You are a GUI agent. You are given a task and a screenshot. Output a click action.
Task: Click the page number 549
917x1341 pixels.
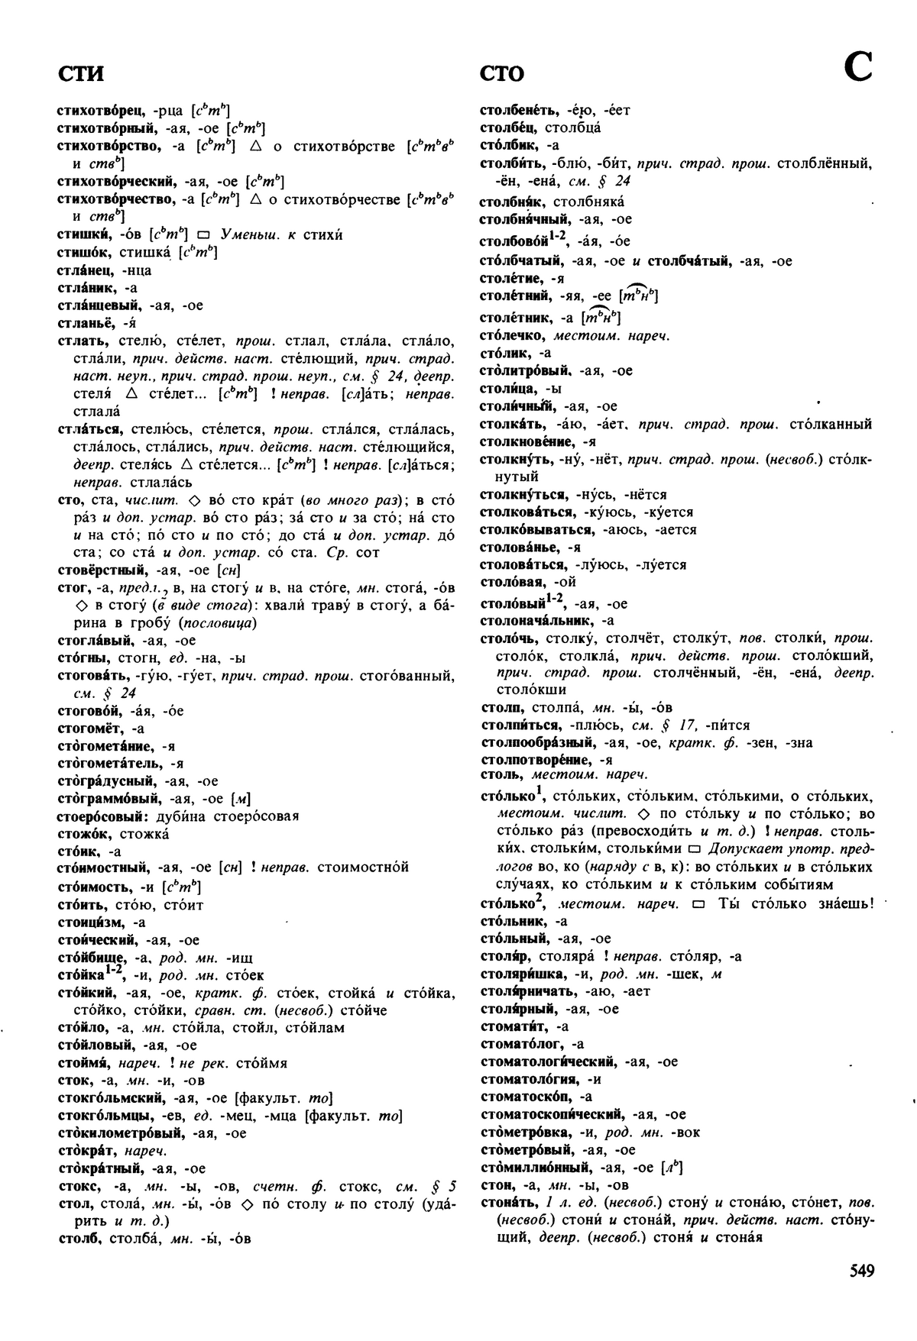[x=860, y=1271]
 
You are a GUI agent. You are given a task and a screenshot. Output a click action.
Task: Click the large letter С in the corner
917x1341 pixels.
[x=858, y=68]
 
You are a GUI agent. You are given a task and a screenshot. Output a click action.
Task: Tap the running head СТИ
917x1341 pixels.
[x=80, y=74]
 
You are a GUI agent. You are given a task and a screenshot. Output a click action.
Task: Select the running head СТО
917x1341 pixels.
[x=502, y=74]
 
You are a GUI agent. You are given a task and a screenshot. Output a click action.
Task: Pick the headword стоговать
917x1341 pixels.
[x=95, y=675]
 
